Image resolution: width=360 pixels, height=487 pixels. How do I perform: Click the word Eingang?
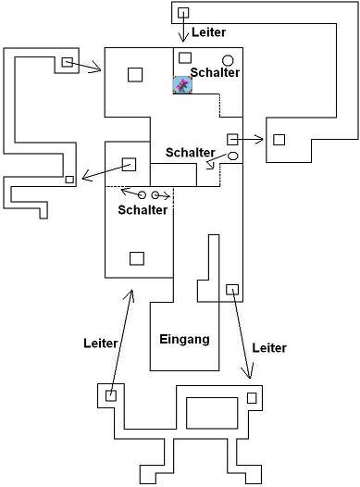pos(184,339)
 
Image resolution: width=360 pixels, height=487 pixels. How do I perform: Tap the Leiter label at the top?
pos(208,32)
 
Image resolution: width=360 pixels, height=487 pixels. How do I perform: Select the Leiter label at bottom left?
pos(101,343)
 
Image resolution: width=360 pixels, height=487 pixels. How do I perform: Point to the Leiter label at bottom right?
pos(269,348)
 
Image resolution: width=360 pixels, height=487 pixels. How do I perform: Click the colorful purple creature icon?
pos(182,85)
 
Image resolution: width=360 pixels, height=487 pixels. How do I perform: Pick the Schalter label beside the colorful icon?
pos(215,72)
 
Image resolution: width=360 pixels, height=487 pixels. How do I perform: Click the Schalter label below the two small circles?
pos(143,210)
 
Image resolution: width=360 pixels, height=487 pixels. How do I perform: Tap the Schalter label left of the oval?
pos(191,153)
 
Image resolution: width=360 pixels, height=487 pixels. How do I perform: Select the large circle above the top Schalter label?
pos(228,60)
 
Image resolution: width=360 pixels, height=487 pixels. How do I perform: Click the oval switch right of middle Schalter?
pos(233,156)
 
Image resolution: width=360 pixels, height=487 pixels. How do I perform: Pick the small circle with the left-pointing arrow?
pos(142,195)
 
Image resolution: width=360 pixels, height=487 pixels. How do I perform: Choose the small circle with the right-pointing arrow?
pos(155,195)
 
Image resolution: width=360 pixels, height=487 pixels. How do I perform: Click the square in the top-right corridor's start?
pos(183,13)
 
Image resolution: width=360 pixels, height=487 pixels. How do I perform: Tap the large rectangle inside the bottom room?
pos(212,413)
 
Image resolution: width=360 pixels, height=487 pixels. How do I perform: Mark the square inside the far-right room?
pos(279,140)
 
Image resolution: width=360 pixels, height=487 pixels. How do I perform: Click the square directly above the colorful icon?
pos(185,57)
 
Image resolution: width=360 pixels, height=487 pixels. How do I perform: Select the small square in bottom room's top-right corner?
pos(252,398)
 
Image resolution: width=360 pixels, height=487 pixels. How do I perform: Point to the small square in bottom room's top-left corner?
pos(111,396)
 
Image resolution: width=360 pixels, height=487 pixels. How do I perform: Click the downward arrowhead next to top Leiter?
pos(183,38)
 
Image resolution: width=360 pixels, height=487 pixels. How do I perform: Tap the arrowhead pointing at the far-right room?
pos(259,140)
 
